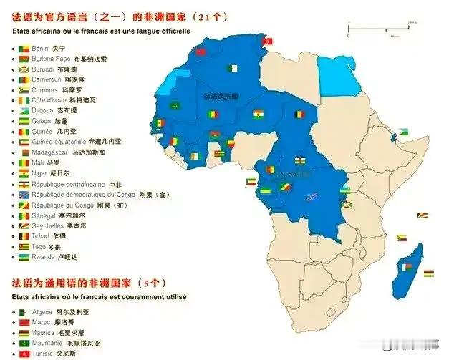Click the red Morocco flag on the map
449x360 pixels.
click(201, 52)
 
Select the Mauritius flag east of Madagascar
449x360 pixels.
click(428, 273)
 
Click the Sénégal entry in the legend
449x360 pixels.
click(45, 215)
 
